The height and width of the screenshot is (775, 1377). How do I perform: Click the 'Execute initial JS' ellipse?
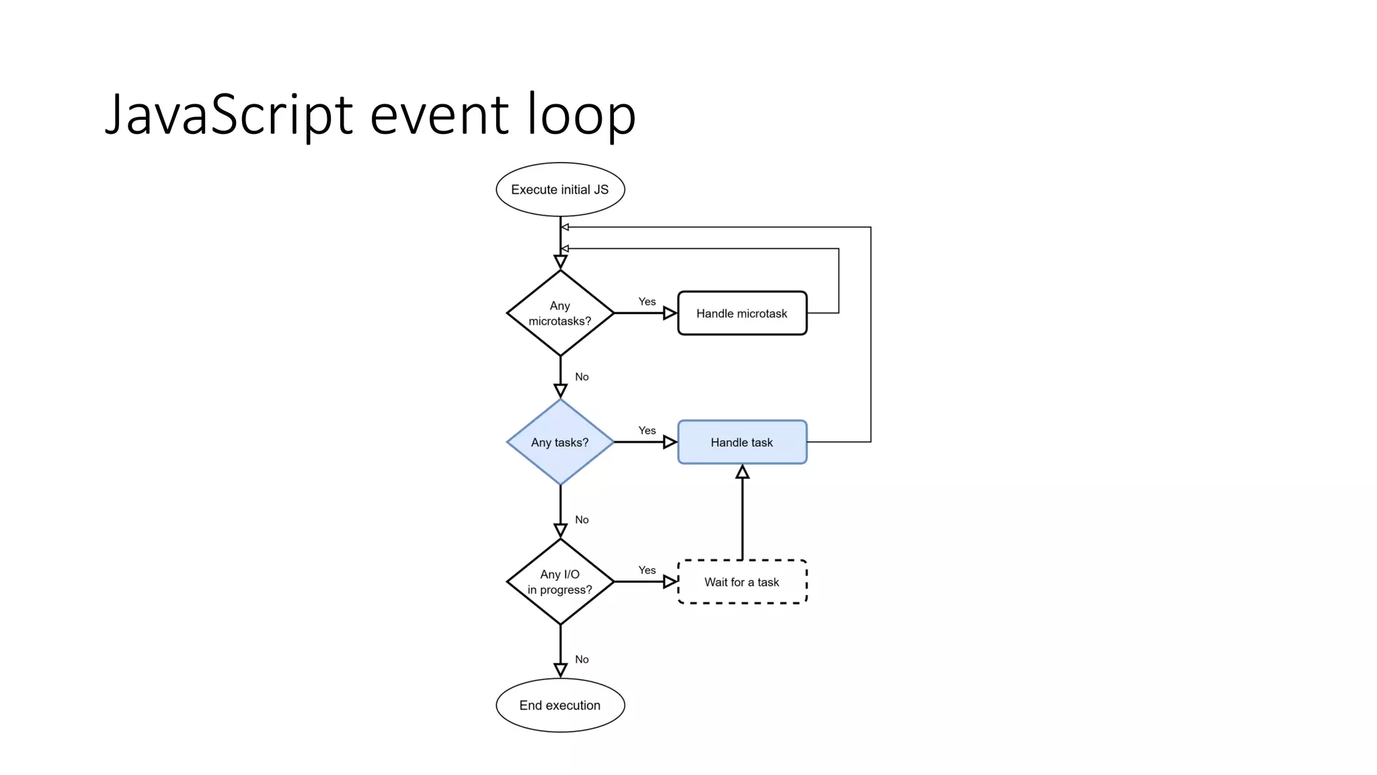click(560, 190)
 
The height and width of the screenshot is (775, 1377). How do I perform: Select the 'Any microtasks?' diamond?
click(560, 313)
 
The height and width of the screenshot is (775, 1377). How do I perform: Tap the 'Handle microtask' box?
click(742, 313)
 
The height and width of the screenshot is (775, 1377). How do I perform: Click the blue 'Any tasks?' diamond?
click(560, 442)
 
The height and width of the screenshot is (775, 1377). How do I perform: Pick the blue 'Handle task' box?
click(742, 442)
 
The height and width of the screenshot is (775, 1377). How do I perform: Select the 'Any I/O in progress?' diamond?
click(560, 582)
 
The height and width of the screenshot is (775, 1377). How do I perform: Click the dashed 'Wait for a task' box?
click(742, 582)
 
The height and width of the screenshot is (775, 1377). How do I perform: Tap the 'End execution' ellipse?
click(560, 705)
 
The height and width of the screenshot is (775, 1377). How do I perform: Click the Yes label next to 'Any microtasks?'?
click(647, 301)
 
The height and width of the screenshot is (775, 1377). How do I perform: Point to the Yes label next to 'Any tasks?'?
click(647, 431)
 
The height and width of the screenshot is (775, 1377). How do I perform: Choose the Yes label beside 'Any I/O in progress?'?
click(647, 570)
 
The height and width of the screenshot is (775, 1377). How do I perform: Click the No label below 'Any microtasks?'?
click(582, 377)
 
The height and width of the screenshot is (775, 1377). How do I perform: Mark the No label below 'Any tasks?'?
click(582, 520)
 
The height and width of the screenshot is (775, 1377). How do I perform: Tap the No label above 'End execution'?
click(582, 659)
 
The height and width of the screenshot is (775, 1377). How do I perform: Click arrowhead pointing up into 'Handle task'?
click(742, 472)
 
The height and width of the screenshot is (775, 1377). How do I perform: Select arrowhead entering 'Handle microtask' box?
click(670, 313)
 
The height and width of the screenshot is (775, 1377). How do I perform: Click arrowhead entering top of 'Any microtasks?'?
click(560, 262)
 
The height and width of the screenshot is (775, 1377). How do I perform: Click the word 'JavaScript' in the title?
click(229, 114)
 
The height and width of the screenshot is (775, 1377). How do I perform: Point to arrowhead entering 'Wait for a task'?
click(670, 582)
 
